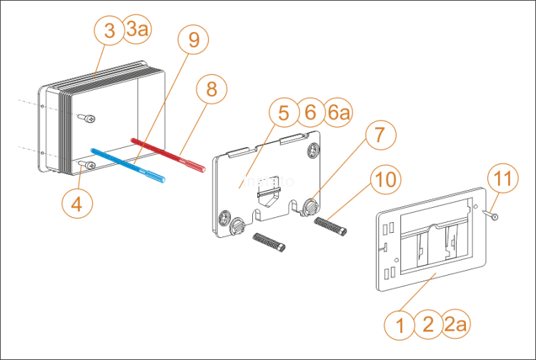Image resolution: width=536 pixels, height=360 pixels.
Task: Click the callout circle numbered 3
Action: click(x=109, y=31)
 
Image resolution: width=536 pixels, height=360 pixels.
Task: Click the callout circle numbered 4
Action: click(x=78, y=203)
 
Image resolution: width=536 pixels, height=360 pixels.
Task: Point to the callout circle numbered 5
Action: click(x=284, y=113)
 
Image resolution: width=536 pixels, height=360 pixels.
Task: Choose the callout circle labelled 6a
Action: click(x=339, y=113)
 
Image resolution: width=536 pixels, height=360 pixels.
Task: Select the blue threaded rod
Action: click(x=129, y=164)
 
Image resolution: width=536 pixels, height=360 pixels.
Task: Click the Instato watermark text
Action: click(x=268, y=181)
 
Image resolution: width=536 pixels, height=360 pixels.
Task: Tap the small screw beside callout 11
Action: click(x=491, y=214)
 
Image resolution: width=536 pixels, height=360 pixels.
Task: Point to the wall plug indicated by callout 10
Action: click(x=331, y=226)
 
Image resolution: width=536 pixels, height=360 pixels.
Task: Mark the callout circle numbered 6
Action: click(x=311, y=113)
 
